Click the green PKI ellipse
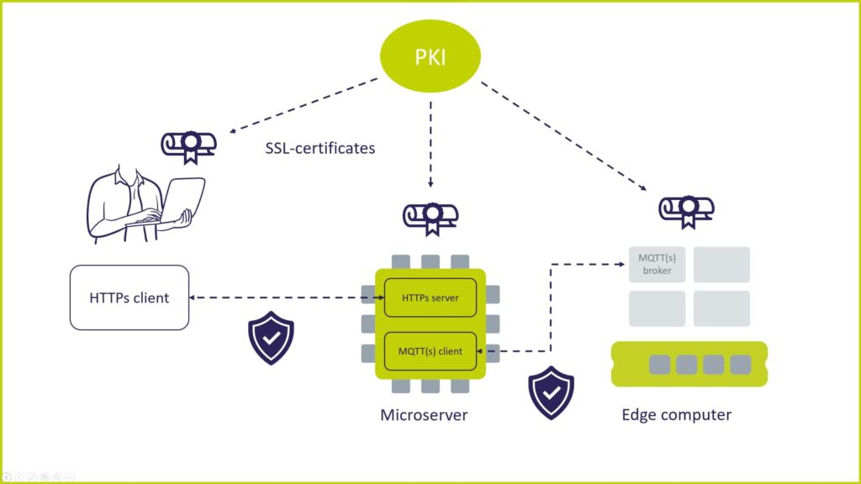[x=430, y=56]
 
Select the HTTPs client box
[x=129, y=297]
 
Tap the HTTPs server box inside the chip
[x=430, y=297]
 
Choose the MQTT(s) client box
[x=430, y=351]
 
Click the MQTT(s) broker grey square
[x=658, y=265]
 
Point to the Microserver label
[x=424, y=415]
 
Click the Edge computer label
[x=676, y=414]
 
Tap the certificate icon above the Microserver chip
[x=430, y=218]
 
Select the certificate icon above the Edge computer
[x=686, y=211]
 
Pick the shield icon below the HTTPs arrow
[x=271, y=339]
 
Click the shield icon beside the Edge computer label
[x=551, y=392]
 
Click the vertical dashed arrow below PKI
[x=430, y=143]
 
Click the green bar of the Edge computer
[x=689, y=364]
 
